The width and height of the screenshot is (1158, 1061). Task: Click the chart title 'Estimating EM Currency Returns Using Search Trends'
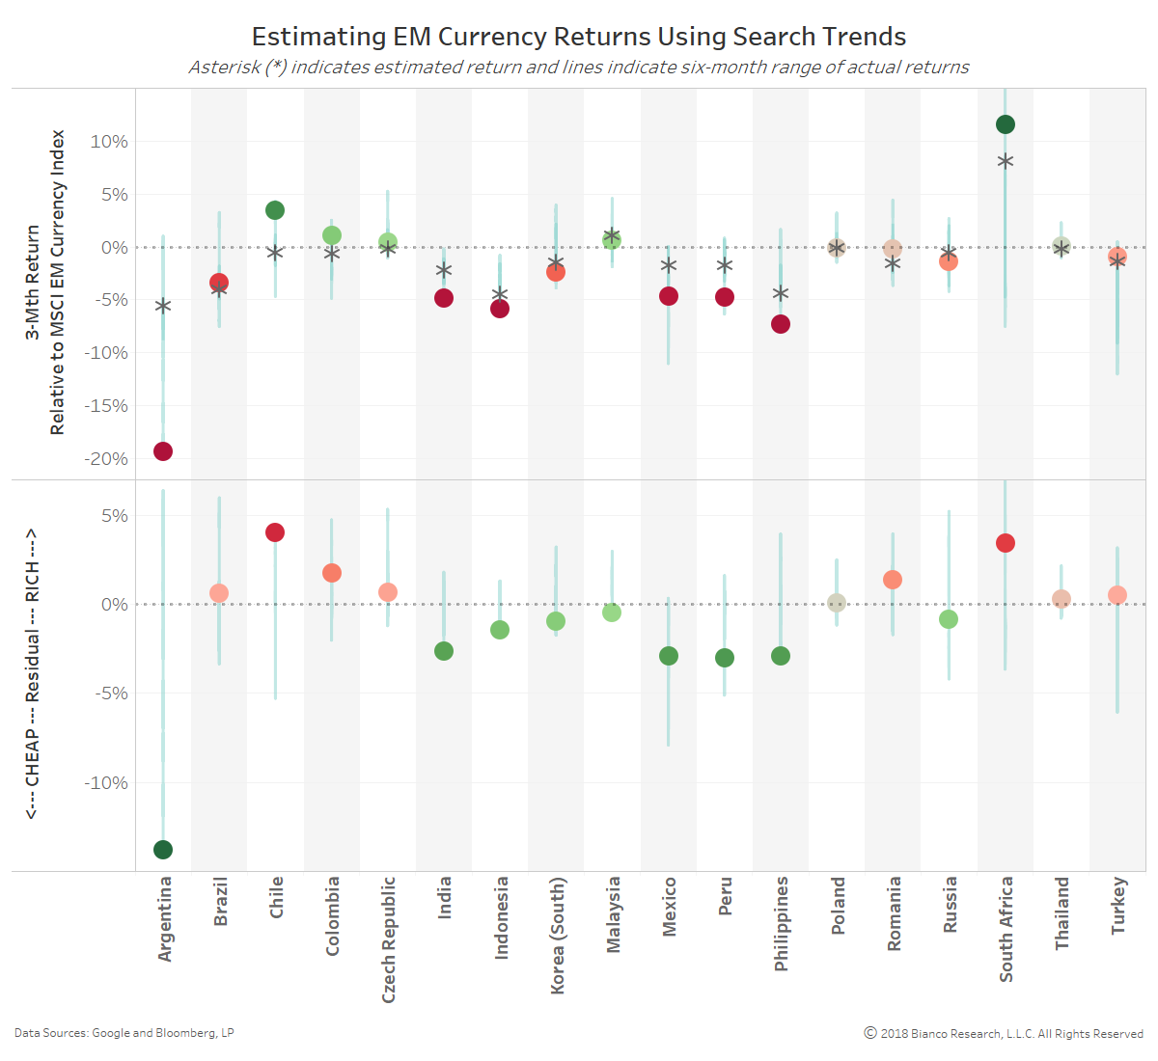(x=579, y=37)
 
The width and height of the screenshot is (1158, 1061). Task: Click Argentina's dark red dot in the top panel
(x=163, y=451)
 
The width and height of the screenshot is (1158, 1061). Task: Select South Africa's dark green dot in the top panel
(x=1006, y=124)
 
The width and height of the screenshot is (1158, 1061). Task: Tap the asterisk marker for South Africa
(x=1006, y=161)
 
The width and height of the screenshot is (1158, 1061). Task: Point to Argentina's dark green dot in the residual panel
(x=163, y=850)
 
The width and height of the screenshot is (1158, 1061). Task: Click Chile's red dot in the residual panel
(x=275, y=532)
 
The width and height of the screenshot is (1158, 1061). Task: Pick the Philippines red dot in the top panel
(x=781, y=324)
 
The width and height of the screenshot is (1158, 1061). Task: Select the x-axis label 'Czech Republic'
(x=389, y=939)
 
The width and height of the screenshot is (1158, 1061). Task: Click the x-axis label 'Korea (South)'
(x=557, y=935)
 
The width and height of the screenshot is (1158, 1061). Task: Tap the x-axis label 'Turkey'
(x=1118, y=905)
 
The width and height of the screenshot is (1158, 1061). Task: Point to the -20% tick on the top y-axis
(x=106, y=459)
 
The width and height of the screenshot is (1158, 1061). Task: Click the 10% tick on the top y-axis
(x=109, y=142)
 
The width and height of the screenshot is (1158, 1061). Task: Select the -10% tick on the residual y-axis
(x=106, y=783)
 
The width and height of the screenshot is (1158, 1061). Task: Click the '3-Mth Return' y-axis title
(x=33, y=282)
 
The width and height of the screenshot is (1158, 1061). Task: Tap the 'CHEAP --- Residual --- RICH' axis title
(x=33, y=674)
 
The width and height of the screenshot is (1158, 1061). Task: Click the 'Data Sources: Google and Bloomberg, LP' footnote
(x=124, y=1033)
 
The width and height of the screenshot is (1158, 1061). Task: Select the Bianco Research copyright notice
(x=1004, y=1034)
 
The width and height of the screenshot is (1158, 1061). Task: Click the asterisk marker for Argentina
(x=163, y=307)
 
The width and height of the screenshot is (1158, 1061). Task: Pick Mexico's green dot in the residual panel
(x=669, y=656)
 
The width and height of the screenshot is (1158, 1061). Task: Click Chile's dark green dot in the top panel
(x=275, y=210)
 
